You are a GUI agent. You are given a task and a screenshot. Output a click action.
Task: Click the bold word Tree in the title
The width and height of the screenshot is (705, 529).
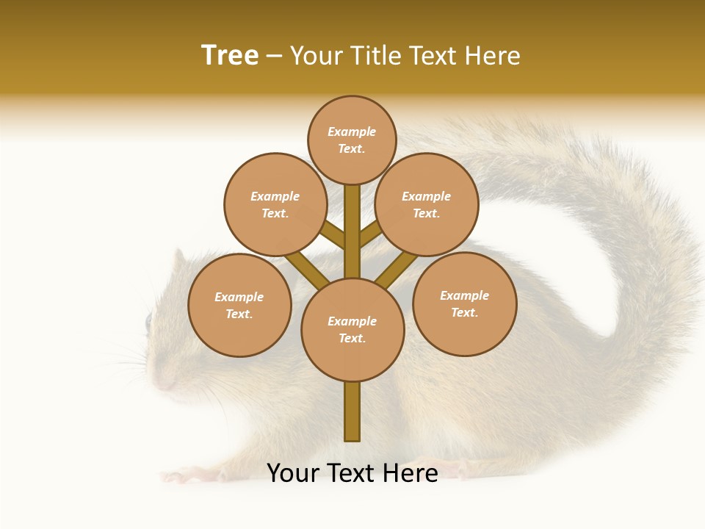click(230, 56)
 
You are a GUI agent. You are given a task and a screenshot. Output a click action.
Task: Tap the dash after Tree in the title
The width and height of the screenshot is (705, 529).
click(275, 57)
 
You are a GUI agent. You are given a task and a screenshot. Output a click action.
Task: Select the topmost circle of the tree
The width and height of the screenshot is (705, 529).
click(352, 140)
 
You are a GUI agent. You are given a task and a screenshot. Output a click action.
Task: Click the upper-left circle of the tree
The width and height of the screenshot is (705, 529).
click(275, 204)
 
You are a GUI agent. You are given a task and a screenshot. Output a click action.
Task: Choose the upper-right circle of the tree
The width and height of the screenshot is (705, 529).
click(427, 204)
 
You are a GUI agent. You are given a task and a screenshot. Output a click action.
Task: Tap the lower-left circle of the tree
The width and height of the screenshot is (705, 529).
click(239, 305)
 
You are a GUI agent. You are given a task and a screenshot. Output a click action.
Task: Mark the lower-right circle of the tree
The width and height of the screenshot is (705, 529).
click(464, 303)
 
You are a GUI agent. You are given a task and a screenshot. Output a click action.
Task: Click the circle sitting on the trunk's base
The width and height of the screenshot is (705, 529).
click(352, 329)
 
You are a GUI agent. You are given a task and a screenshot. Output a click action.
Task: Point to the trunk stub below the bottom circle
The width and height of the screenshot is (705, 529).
click(352, 411)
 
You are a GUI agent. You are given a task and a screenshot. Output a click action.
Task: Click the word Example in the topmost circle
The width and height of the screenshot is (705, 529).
click(352, 132)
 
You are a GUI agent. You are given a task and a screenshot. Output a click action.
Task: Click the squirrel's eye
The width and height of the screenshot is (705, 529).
click(148, 320)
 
